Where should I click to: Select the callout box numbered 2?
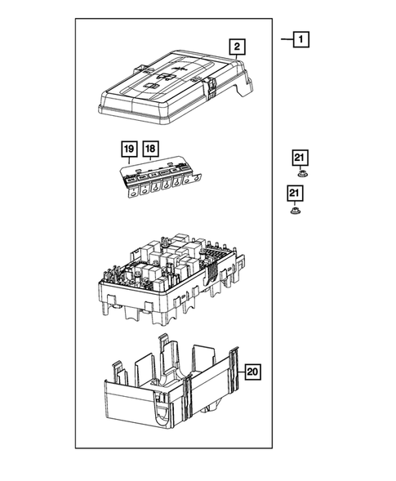click(236, 47)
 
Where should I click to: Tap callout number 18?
click(149, 149)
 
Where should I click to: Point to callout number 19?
click(129, 149)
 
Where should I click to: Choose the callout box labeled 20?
click(252, 372)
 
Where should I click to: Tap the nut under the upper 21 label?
click(300, 174)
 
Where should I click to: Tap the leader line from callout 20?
click(237, 372)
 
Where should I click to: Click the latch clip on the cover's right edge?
click(211, 86)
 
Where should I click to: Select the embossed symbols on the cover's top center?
click(162, 80)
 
